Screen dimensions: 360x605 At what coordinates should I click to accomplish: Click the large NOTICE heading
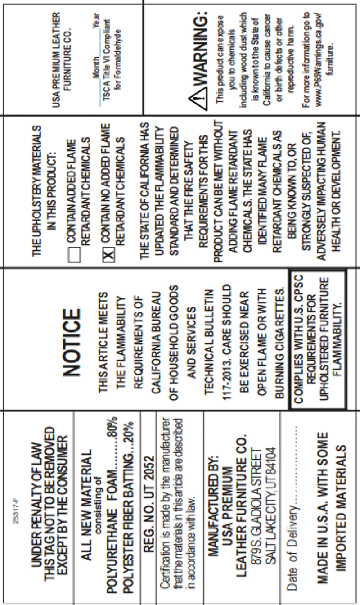click(x=72, y=342)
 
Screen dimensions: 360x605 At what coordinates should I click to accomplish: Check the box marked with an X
click(x=108, y=255)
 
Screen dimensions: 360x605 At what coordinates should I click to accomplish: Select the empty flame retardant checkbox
click(x=74, y=255)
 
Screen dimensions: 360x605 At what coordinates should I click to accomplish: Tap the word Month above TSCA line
click(x=96, y=68)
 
